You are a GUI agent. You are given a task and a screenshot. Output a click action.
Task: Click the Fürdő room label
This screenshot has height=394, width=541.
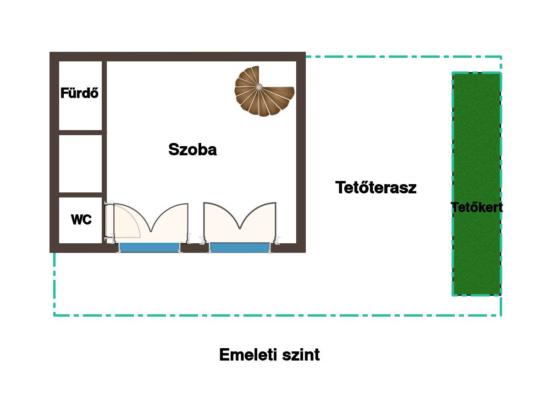coord(80,93)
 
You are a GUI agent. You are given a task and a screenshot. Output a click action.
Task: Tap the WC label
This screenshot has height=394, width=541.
coord(81,220)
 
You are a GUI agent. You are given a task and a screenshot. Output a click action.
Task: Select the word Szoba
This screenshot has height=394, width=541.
coord(193,149)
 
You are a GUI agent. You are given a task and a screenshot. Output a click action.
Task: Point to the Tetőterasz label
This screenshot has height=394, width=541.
coord(376,187)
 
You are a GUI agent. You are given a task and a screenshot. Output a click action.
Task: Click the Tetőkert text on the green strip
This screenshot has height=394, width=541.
coord(477,208)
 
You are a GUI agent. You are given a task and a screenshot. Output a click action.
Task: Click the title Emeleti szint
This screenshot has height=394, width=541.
coord(270,355)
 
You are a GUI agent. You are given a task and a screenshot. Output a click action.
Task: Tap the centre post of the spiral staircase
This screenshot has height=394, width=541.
coord(259,87)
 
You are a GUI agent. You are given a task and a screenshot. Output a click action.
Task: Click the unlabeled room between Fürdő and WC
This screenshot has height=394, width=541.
coord(80,163)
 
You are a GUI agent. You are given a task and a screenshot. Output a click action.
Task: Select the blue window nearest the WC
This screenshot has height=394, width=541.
coord(149,248)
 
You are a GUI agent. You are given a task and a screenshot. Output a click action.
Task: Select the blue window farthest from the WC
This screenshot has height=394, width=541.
coord(240,248)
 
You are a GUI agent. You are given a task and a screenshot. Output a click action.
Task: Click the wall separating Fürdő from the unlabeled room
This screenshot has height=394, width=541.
coord(80,132)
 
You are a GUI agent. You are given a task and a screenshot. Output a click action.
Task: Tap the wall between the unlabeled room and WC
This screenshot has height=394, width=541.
coord(80,195)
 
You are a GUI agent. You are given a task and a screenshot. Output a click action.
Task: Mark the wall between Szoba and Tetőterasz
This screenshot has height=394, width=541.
coord(301,151)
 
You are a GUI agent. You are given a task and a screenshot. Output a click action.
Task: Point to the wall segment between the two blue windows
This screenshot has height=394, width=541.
coord(194,248)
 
